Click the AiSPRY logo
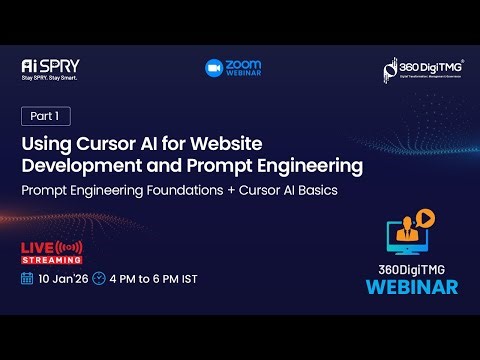coord(49,65)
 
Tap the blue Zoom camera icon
coord(213,67)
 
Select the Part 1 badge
coord(45,116)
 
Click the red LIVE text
coord(40,246)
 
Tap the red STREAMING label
coord(44,259)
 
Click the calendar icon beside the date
coord(27,279)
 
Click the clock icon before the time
coord(98,279)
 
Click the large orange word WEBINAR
coord(411,287)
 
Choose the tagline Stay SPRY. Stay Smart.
coord(49,77)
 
